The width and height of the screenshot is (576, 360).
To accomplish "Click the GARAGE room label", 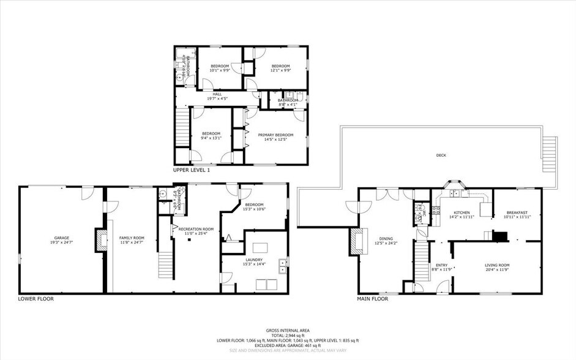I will pyautogui.click(x=59, y=237).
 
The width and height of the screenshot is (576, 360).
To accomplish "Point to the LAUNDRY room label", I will pyautogui.click(x=253, y=259).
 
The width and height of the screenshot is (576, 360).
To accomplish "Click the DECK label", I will pyautogui.click(x=441, y=156).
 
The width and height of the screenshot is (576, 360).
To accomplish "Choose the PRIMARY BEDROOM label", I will pyautogui.click(x=275, y=135).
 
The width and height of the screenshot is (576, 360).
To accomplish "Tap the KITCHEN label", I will pyautogui.click(x=461, y=212).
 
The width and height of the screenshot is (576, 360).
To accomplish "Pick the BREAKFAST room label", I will pyautogui.click(x=515, y=212).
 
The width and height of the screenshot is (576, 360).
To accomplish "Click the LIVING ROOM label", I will pyautogui.click(x=497, y=264).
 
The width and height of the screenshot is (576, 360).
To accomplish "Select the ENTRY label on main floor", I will pyautogui.click(x=441, y=264).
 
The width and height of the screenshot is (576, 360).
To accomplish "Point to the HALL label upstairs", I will pyautogui.click(x=217, y=94).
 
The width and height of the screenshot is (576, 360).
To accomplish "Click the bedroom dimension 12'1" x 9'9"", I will pyautogui.click(x=280, y=70).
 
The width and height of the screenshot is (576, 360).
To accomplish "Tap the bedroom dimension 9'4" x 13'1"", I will pyautogui.click(x=211, y=138).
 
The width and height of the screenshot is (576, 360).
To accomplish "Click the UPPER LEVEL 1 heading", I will pyautogui.click(x=191, y=170).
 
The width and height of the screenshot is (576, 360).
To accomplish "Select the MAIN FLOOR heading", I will pyautogui.click(x=372, y=299).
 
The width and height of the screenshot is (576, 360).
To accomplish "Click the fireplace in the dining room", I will pyautogui.click(x=355, y=241).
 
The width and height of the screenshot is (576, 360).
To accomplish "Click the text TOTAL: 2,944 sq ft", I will pyautogui.click(x=288, y=335).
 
